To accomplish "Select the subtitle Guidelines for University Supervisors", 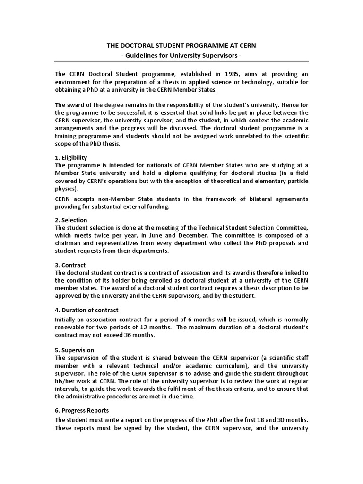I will [x=181, y=56].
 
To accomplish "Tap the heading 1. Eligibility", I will [x=71, y=157].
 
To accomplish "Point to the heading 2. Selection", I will [x=71, y=220].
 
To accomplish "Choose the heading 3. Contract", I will [x=70, y=266].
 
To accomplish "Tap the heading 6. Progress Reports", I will [x=82, y=411].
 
